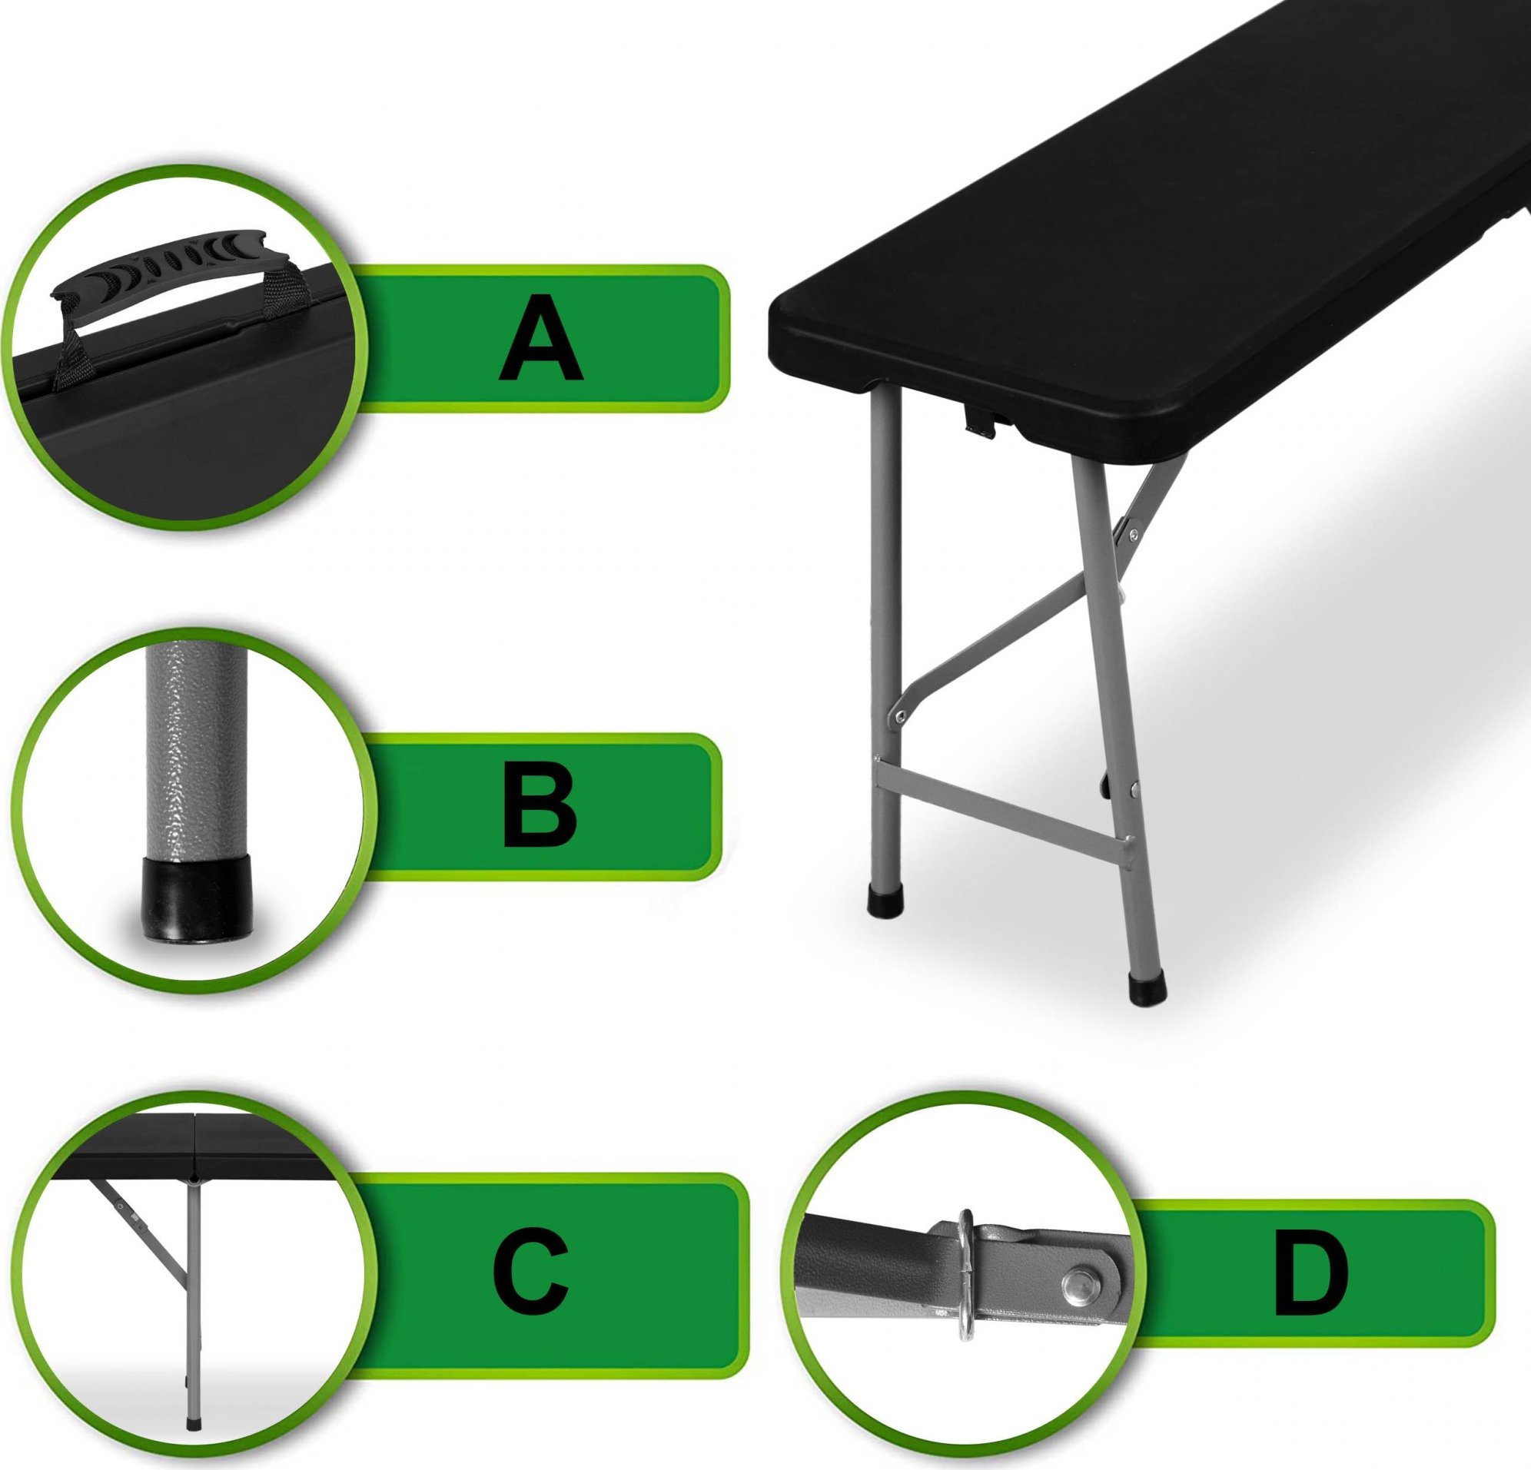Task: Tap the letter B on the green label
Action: [539, 806]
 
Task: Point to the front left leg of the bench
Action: [882, 649]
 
